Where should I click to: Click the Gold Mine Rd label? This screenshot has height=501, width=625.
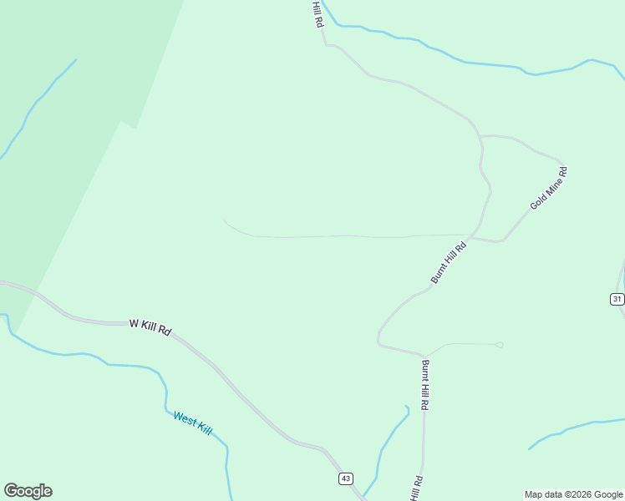pos(549,189)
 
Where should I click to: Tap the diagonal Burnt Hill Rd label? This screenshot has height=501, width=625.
pos(449,263)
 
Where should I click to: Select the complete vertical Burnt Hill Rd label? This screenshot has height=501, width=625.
pos(425,385)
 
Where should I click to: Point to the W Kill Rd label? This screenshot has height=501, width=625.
pos(150,326)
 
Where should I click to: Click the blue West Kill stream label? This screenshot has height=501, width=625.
pos(192,422)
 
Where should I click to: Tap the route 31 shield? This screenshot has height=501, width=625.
pos(617,299)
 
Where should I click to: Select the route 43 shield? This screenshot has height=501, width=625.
pos(346,478)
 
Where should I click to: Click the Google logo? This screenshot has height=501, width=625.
pos(28,491)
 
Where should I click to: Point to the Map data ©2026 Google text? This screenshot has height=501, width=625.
pos(573,494)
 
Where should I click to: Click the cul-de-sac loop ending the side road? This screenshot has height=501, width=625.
pos(499,344)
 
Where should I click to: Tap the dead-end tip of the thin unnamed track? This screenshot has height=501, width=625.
pos(225,221)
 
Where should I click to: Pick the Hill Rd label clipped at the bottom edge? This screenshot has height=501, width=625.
pos(416,489)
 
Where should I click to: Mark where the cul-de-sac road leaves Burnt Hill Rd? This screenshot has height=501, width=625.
pos(425,356)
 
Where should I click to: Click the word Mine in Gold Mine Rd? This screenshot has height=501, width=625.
pos(551,187)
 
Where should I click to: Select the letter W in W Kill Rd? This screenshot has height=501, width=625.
pos(133,321)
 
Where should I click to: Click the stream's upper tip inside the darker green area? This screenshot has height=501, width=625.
pos(76,59)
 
